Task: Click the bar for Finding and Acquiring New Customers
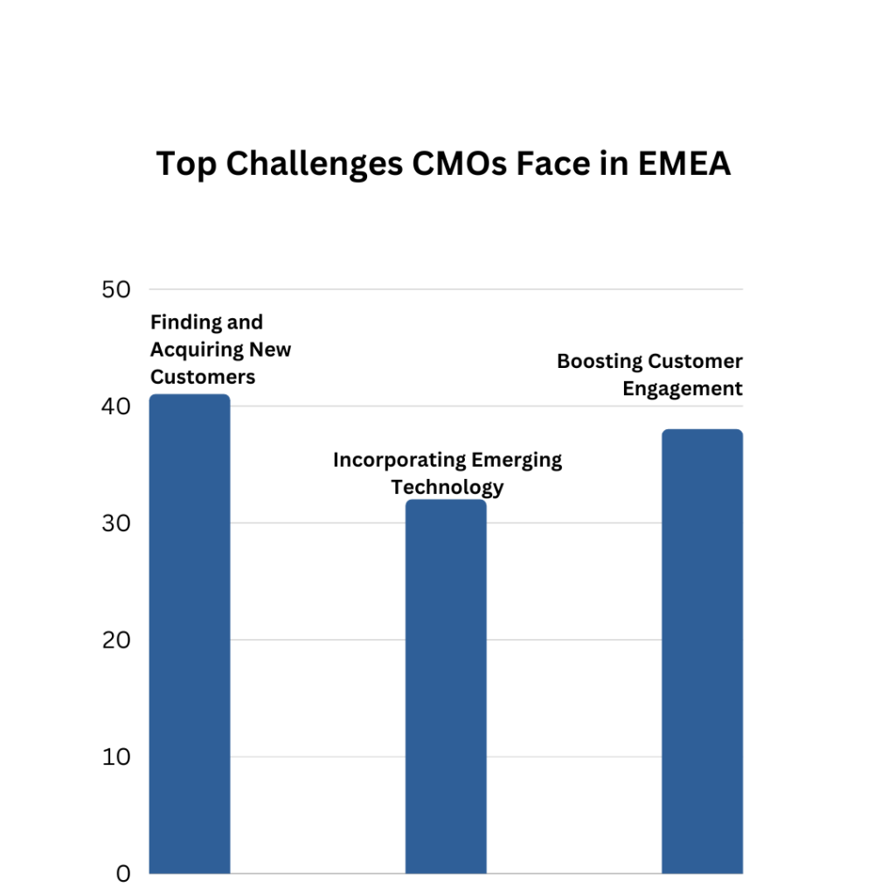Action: click(190, 634)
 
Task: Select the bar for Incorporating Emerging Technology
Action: click(446, 686)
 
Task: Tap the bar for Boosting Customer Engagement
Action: click(702, 651)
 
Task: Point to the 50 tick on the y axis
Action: click(116, 290)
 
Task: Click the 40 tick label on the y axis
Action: click(116, 407)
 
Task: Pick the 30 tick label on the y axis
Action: click(116, 524)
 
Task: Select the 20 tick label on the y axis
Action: click(116, 641)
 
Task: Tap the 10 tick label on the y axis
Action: click(116, 757)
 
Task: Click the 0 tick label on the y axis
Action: click(123, 873)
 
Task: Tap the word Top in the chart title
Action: click(186, 163)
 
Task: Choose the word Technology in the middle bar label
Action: click(447, 487)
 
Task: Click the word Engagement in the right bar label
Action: click(683, 389)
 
